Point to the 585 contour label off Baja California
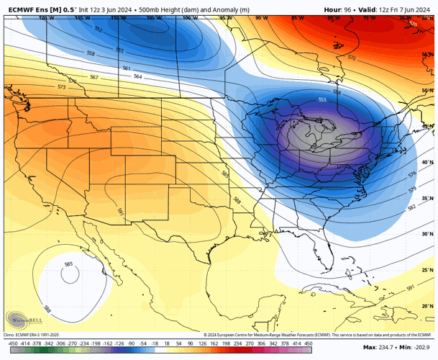click(68, 264)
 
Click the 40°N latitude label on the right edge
click(427, 162)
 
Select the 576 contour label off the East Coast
click(411, 174)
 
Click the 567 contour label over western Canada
click(94, 77)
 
